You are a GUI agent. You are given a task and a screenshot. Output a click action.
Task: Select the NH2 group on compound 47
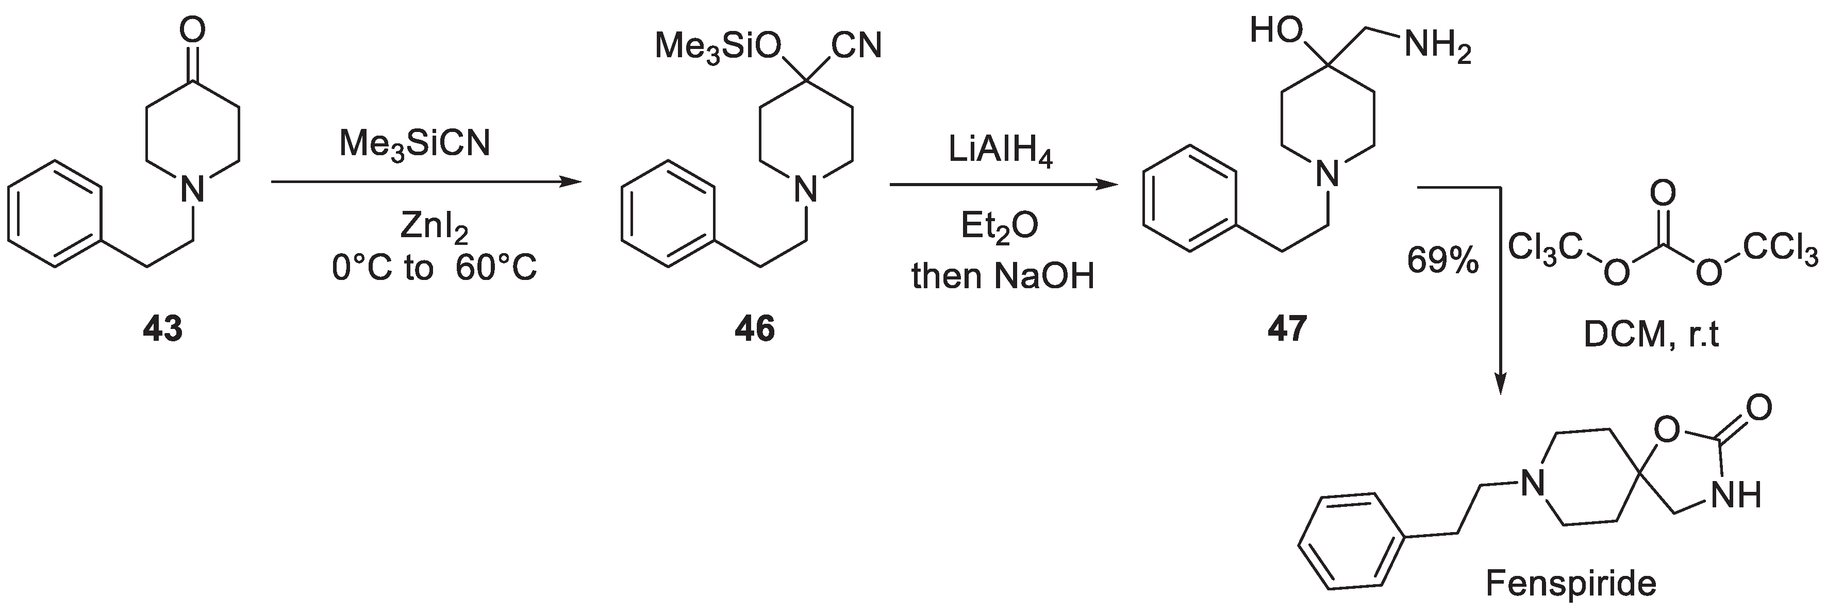1437,49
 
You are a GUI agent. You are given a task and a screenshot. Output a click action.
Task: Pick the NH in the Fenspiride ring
1736,494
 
